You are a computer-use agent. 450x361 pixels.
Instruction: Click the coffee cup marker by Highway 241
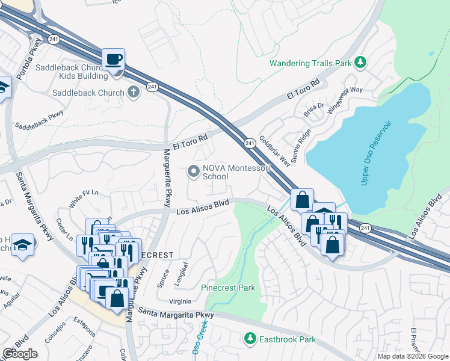point(113,60)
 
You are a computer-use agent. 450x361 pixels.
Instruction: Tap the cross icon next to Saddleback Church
point(133,92)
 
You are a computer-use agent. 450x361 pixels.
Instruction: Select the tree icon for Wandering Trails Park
point(360,62)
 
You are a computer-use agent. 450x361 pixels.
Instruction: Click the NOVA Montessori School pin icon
point(193,172)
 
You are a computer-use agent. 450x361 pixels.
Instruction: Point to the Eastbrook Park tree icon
point(250,339)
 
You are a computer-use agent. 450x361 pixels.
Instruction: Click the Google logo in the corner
point(20,354)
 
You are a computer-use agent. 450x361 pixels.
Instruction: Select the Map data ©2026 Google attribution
point(412,356)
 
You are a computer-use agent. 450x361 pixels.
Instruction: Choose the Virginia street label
point(179,301)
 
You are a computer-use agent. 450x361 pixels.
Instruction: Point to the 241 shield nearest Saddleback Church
point(153,88)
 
